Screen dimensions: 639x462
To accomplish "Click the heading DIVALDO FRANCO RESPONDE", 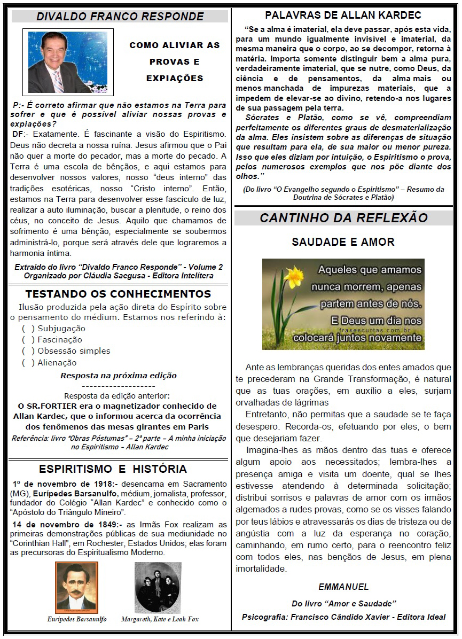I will [x=120, y=17].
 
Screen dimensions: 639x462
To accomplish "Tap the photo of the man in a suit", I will [x=67, y=62].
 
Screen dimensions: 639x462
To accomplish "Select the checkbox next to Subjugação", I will [x=28, y=329].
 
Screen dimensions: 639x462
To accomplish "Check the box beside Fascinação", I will [x=28, y=340].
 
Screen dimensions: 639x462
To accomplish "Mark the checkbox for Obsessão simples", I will [x=28, y=351].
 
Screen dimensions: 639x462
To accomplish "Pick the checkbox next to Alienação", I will [x=28, y=363].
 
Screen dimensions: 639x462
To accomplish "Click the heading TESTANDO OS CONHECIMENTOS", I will [x=118, y=294].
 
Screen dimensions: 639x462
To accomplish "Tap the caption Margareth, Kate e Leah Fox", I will [x=160, y=619].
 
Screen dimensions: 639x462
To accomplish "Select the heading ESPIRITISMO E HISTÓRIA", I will [x=113, y=469].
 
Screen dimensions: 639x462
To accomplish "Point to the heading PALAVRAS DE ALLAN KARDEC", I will [x=343, y=15].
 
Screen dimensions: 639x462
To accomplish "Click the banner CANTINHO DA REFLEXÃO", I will [x=343, y=218].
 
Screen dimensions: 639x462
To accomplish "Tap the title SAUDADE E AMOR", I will [x=343, y=242].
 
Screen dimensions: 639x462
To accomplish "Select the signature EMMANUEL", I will [x=343, y=587].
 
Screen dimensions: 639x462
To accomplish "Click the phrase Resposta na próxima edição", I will [x=118, y=376].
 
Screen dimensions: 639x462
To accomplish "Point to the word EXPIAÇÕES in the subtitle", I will [x=175, y=79].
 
